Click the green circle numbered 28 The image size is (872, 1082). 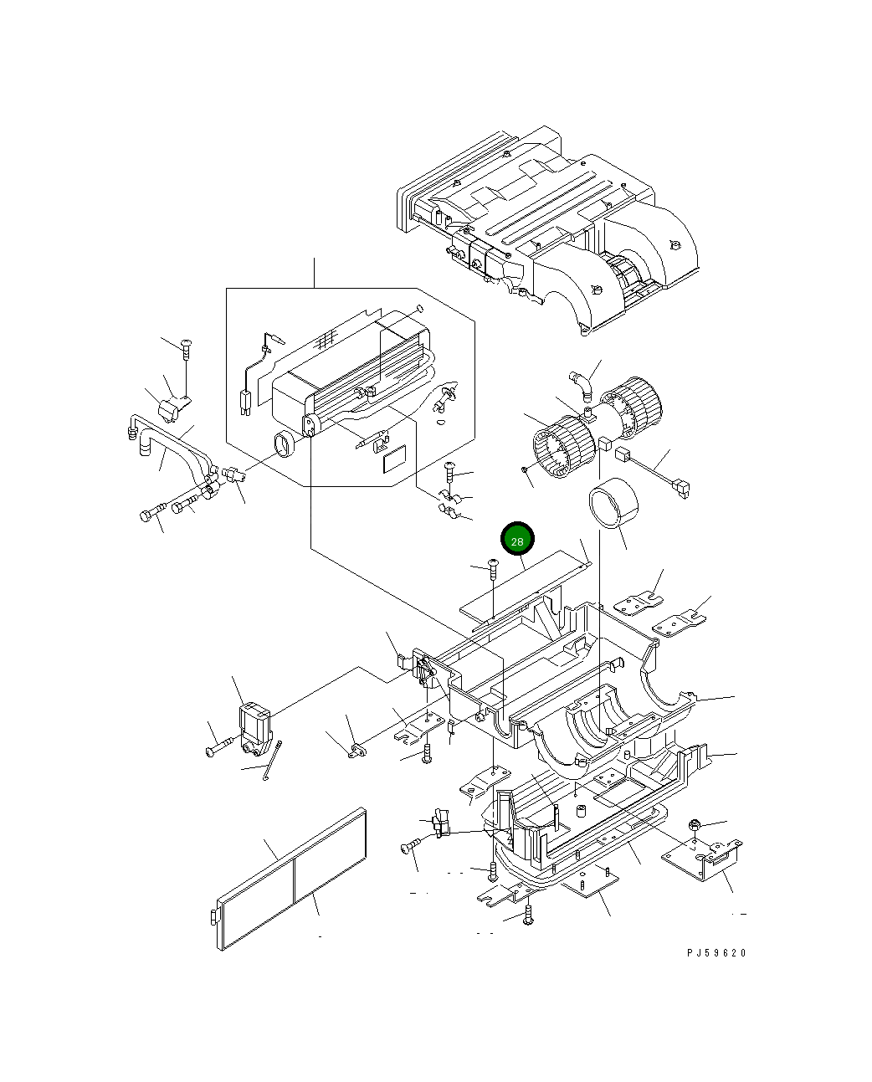pyautogui.click(x=517, y=538)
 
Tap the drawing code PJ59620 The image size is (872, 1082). pyautogui.click(x=716, y=953)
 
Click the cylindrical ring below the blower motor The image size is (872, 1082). pyautogui.click(x=613, y=503)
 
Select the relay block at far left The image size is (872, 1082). pyautogui.click(x=255, y=729)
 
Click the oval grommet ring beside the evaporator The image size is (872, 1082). pyautogui.click(x=285, y=444)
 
